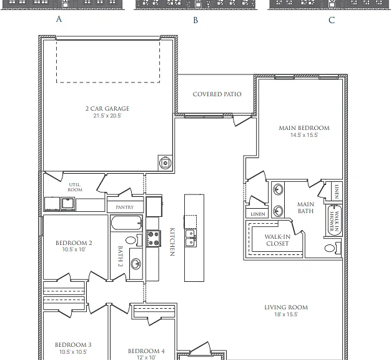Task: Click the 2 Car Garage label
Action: click(107, 109)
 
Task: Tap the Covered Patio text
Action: click(217, 94)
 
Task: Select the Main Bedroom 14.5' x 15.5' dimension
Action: click(304, 135)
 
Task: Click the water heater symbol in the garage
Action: click(165, 163)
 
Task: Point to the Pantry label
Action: click(125, 207)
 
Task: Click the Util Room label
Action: click(75, 187)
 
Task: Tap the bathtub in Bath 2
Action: click(127, 222)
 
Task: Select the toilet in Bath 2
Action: click(134, 240)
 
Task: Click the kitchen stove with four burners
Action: click(154, 239)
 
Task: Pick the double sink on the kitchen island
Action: click(191, 238)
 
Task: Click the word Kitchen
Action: click(172, 242)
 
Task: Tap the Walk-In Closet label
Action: click(277, 240)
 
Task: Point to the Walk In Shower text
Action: click(334, 221)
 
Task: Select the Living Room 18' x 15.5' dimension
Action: click(286, 314)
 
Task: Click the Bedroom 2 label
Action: click(74, 243)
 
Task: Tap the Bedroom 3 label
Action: click(73, 345)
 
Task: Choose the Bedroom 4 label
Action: click(146, 351)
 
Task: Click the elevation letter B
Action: click(195, 20)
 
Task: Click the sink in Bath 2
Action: click(136, 264)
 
